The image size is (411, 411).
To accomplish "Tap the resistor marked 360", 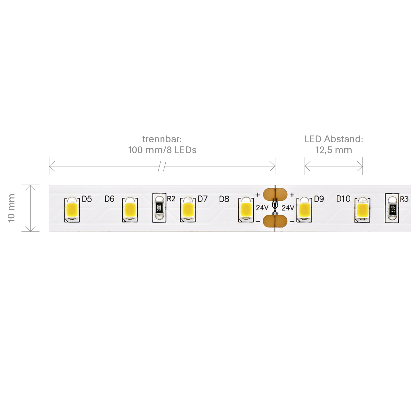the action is (392, 208).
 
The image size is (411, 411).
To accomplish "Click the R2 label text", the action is (171, 199).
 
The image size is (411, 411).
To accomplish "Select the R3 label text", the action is (404, 199).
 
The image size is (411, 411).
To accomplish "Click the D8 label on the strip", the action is (224, 199).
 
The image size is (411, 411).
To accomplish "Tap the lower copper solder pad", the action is (275, 221).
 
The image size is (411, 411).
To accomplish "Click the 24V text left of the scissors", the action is (262, 207).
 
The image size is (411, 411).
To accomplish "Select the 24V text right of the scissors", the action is (288, 207).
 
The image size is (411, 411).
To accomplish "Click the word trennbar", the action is (162, 139).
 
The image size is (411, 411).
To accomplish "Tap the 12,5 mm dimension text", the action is (334, 150).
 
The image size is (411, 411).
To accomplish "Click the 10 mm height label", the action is (11, 208).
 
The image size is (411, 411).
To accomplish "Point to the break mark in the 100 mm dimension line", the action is (162, 166).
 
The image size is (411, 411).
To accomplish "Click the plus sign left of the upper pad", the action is (258, 195).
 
